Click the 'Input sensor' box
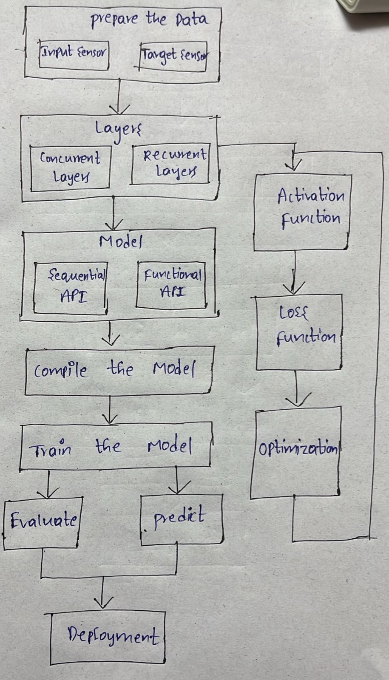click(x=74, y=54)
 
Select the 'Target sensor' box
click(x=173, y=56)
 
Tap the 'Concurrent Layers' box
click(x=70, y=167)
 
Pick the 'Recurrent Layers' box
click(x=170, y=164)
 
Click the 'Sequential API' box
click(x=71, y=288)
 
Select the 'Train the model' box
click(x=115, y=446)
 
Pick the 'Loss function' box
click(x=299, y=332)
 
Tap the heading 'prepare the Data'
click(x=149, y=19)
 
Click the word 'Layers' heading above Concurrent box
click(x=118, y=129)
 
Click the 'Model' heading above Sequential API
click(x=120, y=242)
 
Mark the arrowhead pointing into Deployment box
click(x=102, y=603)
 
